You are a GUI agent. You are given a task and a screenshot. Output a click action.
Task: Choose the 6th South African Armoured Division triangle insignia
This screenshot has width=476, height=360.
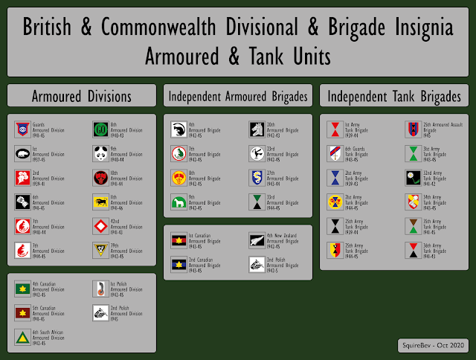click(22, 338)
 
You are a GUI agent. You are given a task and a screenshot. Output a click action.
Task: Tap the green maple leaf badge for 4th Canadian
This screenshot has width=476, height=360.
click(22, 289)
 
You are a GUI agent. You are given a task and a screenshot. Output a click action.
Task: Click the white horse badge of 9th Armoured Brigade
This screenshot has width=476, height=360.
click(178, 202)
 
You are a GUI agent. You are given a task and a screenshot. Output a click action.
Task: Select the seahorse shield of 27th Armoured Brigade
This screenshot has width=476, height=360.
click(256, 178)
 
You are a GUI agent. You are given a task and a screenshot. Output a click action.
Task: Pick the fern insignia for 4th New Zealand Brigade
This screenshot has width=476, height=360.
click(256, 240)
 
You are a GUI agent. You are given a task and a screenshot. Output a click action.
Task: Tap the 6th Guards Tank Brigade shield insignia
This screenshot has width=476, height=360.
click(335, 154)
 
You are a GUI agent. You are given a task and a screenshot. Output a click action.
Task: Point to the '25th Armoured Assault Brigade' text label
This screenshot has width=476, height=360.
click(436, 129)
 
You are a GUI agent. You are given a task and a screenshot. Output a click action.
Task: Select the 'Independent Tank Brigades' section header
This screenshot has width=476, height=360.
click(394, 97)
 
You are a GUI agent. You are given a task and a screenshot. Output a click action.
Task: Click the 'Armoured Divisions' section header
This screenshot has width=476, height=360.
click(82, 97)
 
